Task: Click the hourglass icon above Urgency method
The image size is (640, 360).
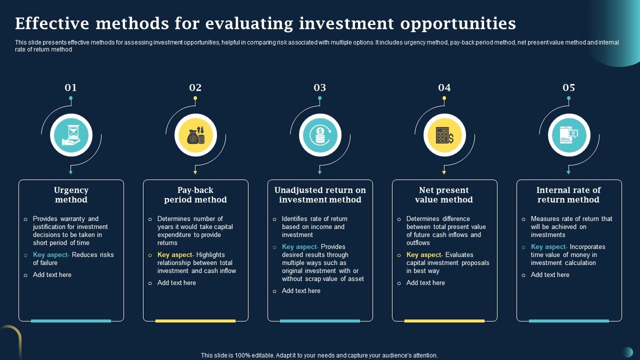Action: tap(71, 135)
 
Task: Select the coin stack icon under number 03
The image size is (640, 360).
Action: tap(320, 135)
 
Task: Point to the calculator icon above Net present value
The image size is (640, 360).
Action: tap(444, 135)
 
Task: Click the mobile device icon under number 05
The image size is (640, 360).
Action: tap(569, 135)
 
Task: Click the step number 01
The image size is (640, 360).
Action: tap(70, 88)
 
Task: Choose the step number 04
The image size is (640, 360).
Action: tap(444, 88)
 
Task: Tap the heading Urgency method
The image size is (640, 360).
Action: tap(71, 195)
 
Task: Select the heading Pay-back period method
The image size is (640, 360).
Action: tap(195, 195)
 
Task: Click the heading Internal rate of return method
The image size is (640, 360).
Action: tap(568, 195)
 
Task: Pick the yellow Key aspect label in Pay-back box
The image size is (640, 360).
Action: tap(175, 255)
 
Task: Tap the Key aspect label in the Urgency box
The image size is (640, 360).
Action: tap(51, 255)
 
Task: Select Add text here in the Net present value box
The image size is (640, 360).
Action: tap(425, 283)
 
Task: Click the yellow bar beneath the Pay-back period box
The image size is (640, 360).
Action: tap(195, 321)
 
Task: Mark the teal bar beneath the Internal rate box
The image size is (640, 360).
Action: tap(569, 321)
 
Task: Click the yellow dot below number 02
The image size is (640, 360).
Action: tap(195, 98)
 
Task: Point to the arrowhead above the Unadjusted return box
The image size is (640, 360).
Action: tap(319, 172)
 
